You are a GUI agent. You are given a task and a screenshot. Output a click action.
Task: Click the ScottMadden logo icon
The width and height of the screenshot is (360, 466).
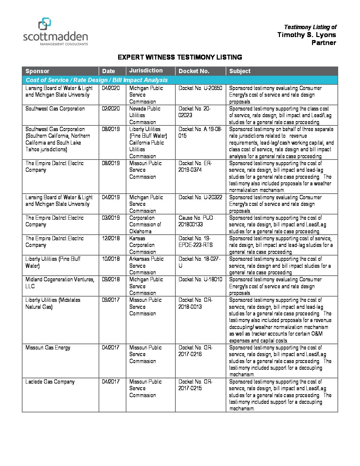coord(45,24)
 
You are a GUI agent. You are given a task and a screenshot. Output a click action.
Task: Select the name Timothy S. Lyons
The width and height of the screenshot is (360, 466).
coord(306,35)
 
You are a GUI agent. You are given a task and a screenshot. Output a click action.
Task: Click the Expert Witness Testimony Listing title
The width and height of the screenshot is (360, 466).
coord(180,57)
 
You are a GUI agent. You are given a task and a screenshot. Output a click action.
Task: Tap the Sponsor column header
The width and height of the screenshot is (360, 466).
coord(37,71)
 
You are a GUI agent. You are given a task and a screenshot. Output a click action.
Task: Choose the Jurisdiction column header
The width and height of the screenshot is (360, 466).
coord(146,70)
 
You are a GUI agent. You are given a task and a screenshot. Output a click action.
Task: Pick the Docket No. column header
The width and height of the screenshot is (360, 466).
coord(194,71)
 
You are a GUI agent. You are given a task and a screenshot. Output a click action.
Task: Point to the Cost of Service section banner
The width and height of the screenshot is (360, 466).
coord(97,80)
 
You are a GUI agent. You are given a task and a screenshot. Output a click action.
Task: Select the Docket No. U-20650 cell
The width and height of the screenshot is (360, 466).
coord(200,88)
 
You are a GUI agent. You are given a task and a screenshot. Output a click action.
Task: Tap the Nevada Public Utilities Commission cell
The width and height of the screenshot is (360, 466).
coord(145,115)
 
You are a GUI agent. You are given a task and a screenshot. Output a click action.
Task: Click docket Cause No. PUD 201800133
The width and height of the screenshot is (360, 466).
coord(196,221)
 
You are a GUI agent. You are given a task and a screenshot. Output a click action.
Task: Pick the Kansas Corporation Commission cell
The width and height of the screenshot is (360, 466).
coord(142,245)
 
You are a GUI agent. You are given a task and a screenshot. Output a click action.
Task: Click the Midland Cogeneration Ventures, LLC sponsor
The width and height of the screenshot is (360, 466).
coord(60,283)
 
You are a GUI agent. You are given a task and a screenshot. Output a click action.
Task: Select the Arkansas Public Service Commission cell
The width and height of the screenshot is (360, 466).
coord(146,265)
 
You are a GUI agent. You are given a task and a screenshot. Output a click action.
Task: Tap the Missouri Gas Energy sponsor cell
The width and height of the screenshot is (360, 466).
coord(48,348)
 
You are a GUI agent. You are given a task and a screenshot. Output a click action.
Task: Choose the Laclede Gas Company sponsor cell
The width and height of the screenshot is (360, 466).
coord(50,382)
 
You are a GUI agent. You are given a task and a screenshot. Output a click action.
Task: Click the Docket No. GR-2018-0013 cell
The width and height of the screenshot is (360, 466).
coord(195,303)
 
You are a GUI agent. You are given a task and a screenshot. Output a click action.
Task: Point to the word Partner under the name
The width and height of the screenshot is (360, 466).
coord(324,43)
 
